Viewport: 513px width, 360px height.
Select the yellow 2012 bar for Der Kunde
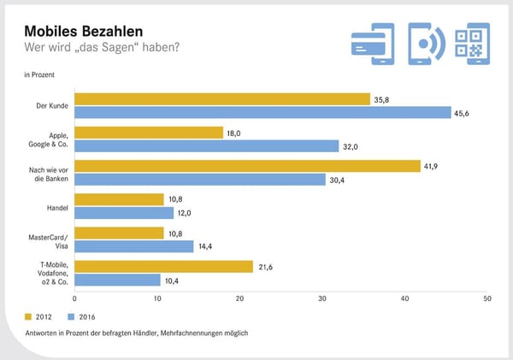pos(222,99)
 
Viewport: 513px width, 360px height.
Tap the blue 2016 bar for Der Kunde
pos(262,113)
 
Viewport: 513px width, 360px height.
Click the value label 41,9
pos(432,166)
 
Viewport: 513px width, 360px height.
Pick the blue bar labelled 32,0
pos(207,146)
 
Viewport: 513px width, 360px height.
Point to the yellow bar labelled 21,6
pos(164,266)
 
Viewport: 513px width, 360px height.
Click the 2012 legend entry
pos(48,315)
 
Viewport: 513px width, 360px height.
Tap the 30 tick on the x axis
pos(322,299)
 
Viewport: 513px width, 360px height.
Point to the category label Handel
pos(57,206)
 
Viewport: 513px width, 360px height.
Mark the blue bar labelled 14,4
pos(134,246)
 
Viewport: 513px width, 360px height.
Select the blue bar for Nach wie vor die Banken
pos(200,180)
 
